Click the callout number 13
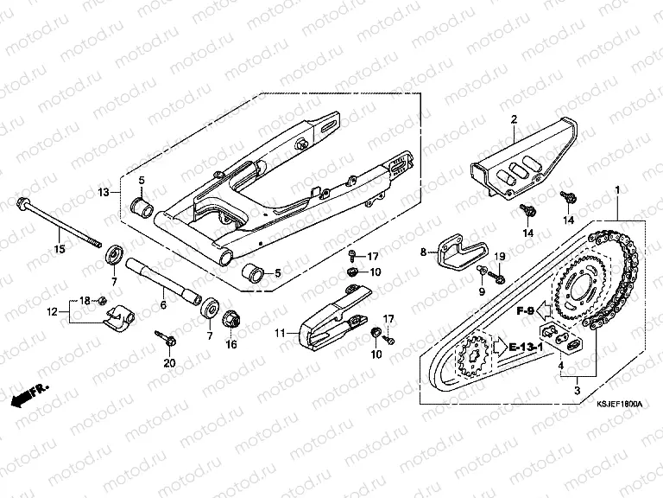click(x=103, y=191)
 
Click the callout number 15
click(x=60, y=250)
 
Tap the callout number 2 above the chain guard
click(x=513, y=119)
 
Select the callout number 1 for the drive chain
click(x=616, y=189)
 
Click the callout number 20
click(x=169, y=362)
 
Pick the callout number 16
click(x=231, y=343)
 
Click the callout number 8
click(x=423, y=252)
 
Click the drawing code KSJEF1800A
click(x=620, y=403)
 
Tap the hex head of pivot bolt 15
click(x=20, y=205)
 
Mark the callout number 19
click(x=499, y=258)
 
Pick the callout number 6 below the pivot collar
click(x=163, y=305)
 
